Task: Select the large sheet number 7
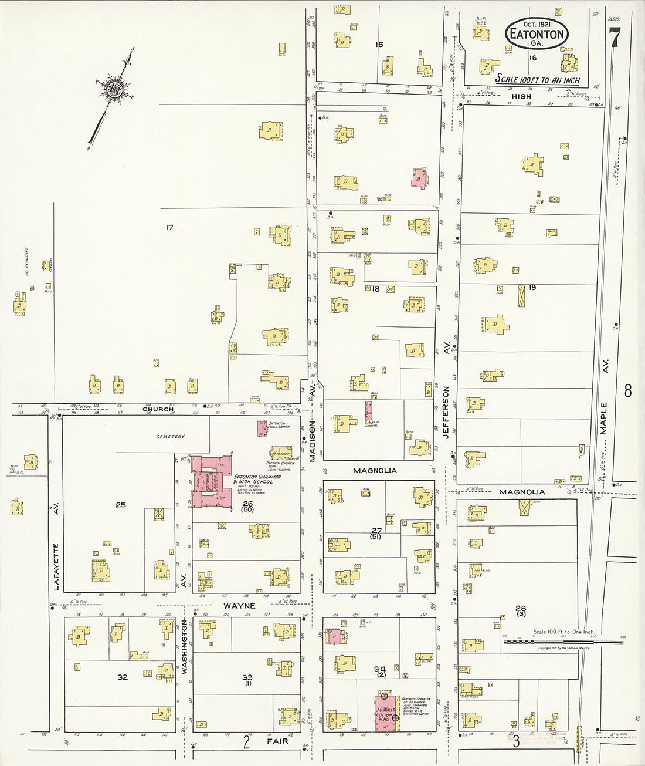point(615,38)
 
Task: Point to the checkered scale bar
point(563,642)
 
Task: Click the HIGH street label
point(521,96)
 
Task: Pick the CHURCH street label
point(158,409)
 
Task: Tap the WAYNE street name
point(239,605)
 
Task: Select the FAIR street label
point(277,741)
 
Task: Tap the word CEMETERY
point(170,437)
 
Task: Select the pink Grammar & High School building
point(211,482)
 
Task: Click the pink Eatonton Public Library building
point(262,428)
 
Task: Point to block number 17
point(169,227)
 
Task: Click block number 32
point(122,677)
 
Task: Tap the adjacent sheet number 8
point(627,391)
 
